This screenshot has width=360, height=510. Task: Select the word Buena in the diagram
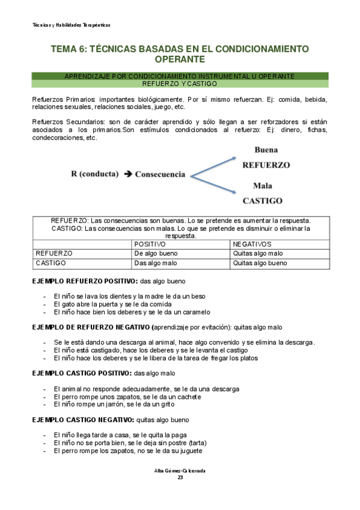coord(266,150)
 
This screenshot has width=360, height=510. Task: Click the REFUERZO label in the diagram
coord(266,164)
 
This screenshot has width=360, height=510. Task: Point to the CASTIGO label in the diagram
coord(262,200)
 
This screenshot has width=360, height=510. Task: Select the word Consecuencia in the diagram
coord(160,174)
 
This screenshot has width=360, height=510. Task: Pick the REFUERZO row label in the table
coord(55,254)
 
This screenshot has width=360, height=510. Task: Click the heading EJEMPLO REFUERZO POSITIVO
coord(84,281)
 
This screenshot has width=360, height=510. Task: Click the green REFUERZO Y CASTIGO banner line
coord(180,84)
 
